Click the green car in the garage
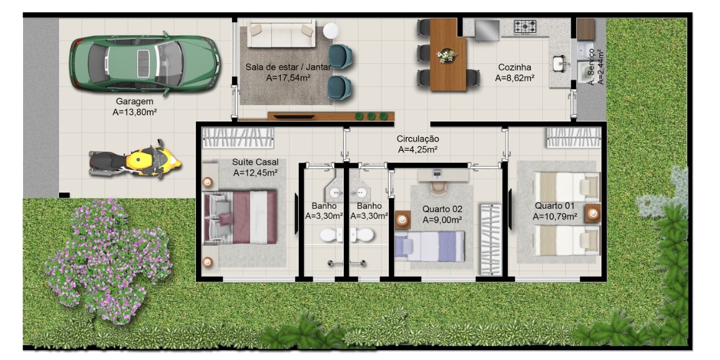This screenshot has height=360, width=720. pyautogui.click(x=144, y=63)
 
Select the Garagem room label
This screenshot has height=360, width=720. pyautogui.click(x=134, y=102)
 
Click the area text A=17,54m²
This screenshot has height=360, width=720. pyautogui.click(x=289, y=78)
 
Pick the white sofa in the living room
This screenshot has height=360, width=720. pyautogui.click(x=281, y=35)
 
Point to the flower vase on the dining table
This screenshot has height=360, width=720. pyautogui.click(x=447, y=56)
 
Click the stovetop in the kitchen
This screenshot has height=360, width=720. pyautogui.click(x=525, y=26)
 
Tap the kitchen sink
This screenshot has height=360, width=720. pyautogui.click(x=560, y=64)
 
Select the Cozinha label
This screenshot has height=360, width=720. pyautogui.click(x=514, y=67)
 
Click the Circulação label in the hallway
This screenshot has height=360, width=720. pyautogui.click(x=417, y=139)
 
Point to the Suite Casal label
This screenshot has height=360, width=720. pyautogui.click(x=255, y=162)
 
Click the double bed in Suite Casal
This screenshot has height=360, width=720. pyautogui.click(x=241, y=217)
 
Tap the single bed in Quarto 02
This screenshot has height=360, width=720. pyautogui.click(x=430, y=246)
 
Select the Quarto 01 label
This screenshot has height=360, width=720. pyautogui.click(x=555, y=205)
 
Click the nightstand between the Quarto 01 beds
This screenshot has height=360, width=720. pyautogui.click(x=592, y=213)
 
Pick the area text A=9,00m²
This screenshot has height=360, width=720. pyautogui.click(x=443, y=219)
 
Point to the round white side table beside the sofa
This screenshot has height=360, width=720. pyautogui.click(x=331, y=30)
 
